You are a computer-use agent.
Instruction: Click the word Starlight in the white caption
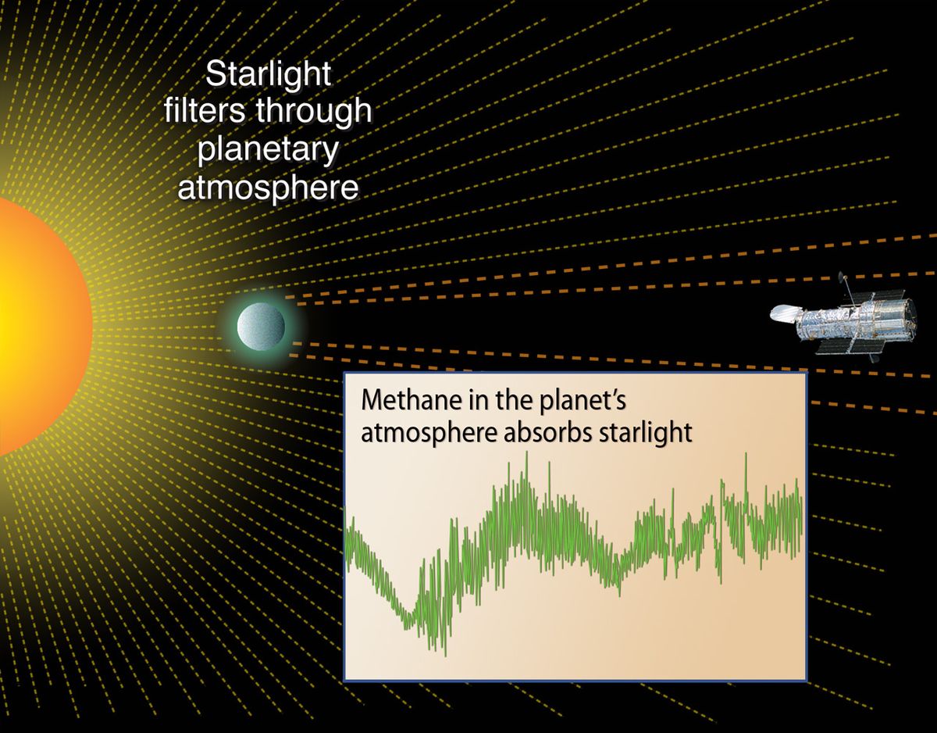268,77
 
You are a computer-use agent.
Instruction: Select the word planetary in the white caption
268,150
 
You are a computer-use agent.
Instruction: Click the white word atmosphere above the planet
268,187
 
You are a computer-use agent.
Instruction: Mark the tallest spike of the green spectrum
527,454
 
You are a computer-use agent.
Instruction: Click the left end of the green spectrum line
346,531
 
